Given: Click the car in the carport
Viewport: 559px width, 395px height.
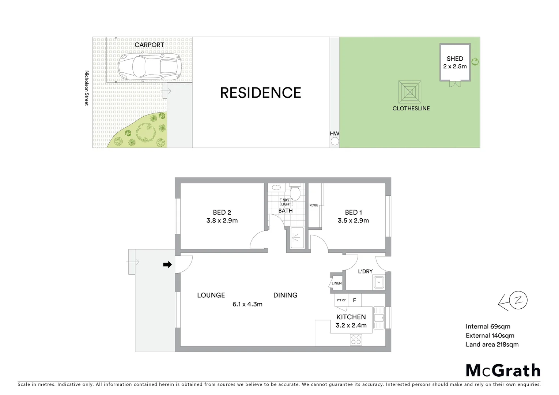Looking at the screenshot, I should (x=149, y=67).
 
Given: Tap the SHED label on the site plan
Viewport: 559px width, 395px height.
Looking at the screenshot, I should (x=455, y=59).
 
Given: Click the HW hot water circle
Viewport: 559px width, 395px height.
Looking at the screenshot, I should (x=335, y=142).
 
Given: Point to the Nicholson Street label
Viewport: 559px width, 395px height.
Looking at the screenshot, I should (x=87, y=88).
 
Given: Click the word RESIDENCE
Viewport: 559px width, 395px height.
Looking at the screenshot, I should (x=260, y=93).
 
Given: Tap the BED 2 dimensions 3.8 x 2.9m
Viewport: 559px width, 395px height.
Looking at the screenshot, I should (x=222, y=221).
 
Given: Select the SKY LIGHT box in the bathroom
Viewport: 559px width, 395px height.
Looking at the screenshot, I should (x=286, y=202).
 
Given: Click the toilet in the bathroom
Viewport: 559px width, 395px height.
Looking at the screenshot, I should (x=294, y=193).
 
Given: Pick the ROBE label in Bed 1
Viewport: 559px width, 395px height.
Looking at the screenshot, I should (x=314, y=205).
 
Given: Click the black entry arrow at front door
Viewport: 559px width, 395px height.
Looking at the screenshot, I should (x=167, y=264).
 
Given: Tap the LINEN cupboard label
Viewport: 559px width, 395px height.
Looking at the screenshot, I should (x=337, y=283).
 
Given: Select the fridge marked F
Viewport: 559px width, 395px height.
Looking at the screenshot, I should (x=354, y=300).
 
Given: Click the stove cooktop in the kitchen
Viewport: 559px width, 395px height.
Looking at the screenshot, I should (x=356, y=340).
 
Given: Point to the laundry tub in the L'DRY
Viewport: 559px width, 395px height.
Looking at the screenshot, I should (x=379, y=282).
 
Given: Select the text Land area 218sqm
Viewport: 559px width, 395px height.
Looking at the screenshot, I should (x=492, y=344).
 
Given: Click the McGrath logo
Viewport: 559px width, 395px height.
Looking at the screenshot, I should (x=503, y=370).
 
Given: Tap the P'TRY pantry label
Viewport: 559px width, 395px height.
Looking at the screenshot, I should (x=341, y=300).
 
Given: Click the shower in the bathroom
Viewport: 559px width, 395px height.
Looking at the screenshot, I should (x=297, y=238).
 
